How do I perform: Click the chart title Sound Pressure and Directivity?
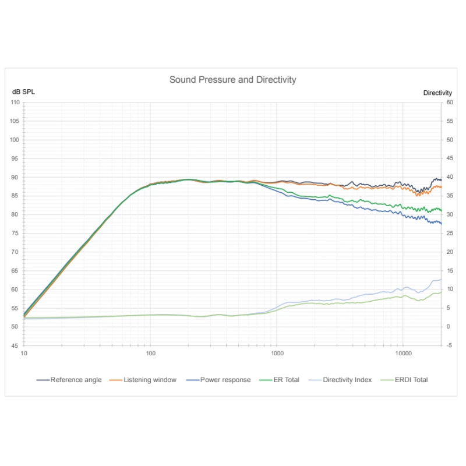232,80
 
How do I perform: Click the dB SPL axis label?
24,93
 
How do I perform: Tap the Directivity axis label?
437,93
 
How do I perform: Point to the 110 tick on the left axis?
15,103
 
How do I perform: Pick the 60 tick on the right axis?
449,103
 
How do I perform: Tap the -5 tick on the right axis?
449,345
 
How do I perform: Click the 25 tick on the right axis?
449,234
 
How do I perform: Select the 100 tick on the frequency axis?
150,354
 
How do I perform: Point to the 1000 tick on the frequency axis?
277,354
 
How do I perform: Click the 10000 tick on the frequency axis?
403,354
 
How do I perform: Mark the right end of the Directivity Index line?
441,279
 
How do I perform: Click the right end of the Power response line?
441,224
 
